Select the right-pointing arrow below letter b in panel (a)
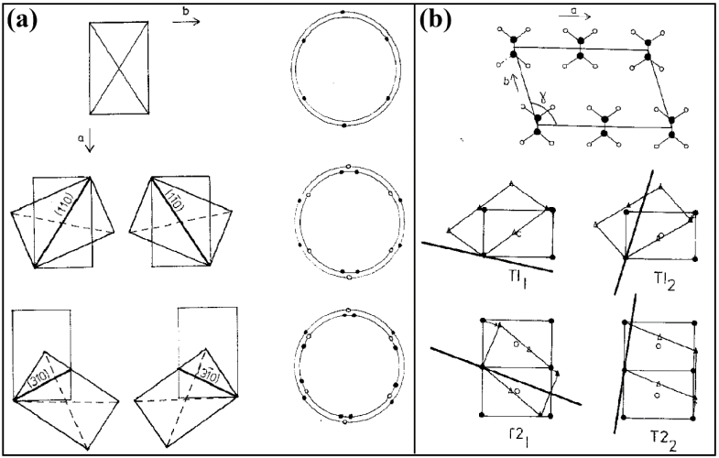(186, 22)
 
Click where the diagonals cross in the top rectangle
(119, 68)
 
